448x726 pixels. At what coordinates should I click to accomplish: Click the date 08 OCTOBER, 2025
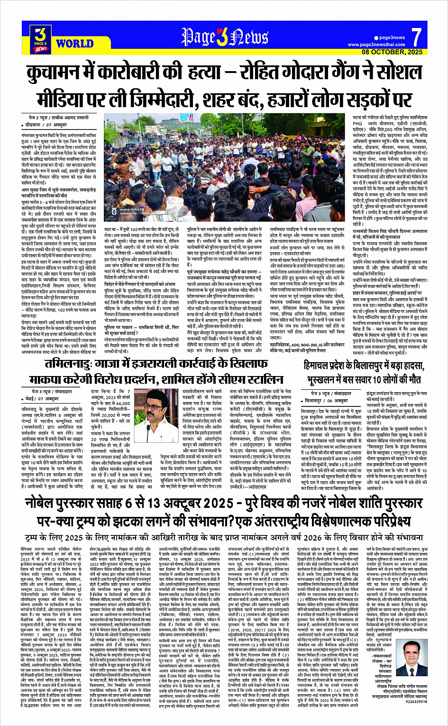click(392, 52)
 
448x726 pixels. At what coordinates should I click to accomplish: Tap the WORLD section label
click(74, 44)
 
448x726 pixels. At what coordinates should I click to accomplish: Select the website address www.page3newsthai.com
click(376, 45)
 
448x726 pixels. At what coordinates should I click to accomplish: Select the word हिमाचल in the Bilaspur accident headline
click(321, 366)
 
